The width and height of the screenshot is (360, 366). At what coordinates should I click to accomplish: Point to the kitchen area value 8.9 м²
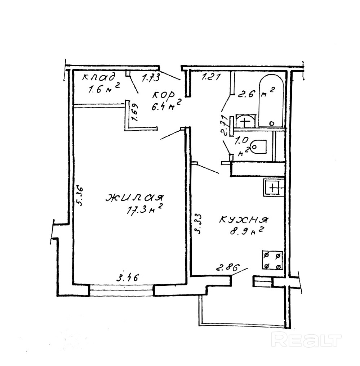coord(245,232)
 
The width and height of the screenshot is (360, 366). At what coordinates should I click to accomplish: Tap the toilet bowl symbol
coord(258,146)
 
